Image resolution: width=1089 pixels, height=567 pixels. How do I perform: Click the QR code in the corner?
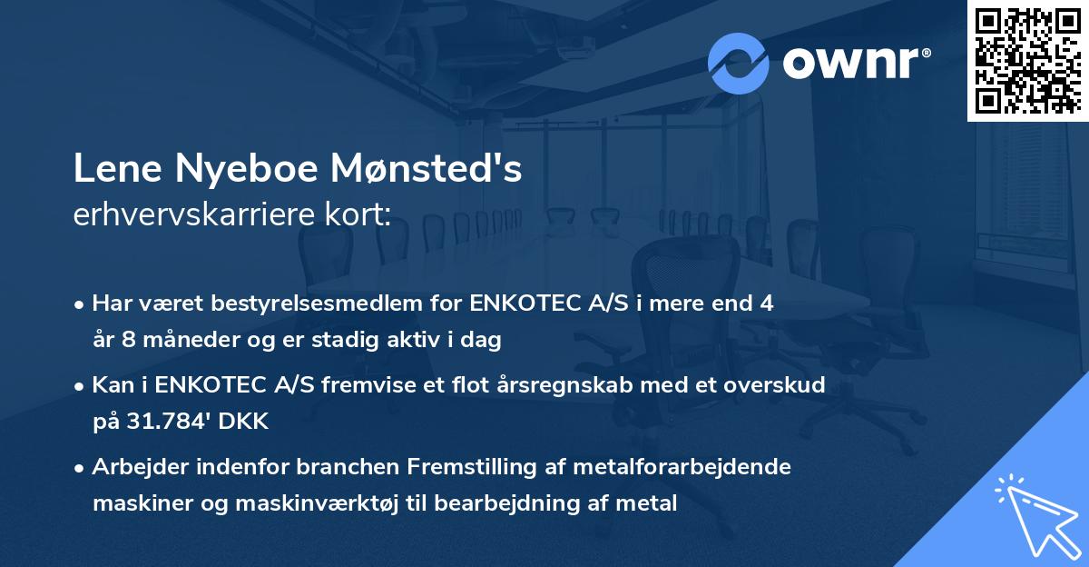click(x=1027, y=60)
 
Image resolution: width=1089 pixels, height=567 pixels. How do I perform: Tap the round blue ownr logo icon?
click(x=739, y=63)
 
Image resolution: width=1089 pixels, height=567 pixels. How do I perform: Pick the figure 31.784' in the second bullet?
click(x=160, y=421)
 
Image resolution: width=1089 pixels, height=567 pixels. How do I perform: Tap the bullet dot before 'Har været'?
click(x=81, y=304)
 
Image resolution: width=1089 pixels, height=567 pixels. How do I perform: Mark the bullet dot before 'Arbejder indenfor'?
click(x=81, y=468)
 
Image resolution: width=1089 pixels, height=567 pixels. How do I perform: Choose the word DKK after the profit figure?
click(x=228, y=421)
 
